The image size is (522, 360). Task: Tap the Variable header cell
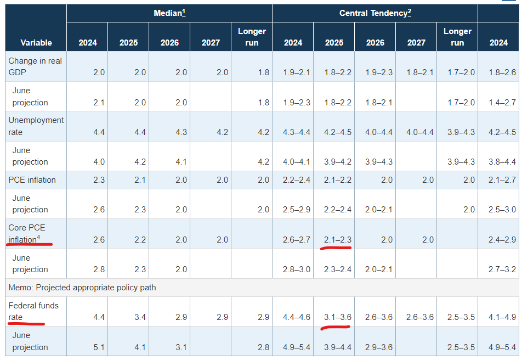pyautogui.click(x=36, y=43)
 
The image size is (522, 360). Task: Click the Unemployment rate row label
pyautogui.click(x=36, y=126)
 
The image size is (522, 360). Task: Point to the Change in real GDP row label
pyautogui.click(x=35, y=66)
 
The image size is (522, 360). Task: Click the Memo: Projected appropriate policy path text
pyautogui.click(x=82, y=288)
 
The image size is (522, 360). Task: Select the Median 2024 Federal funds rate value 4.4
pyautogui.click(x=99, y=317)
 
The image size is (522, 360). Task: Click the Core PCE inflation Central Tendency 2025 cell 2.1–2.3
pyautogui.click(x=338, y=240)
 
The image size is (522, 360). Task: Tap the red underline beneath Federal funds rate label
pyautogui.click(x=26, y=323)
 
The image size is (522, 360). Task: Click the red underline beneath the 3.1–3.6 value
pyautogui.click(x=335, y=328)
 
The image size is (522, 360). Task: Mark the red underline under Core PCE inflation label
pyautogui.click(x=29, y=244)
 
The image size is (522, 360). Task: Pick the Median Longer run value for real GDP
pyautogui.click(x=264, y=72)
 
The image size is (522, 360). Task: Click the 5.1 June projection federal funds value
pyautogui.click(x=99, y=347)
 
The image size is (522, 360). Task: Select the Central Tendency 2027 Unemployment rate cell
pyautogui.click(x=420, y=132)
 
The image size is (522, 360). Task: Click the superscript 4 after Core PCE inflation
pyautogui.click(x=38, y=237)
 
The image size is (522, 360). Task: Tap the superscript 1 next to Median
pyautogui.click(x=184, y=12)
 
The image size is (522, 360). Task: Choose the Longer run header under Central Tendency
pyautogui.click(x=457, y=37)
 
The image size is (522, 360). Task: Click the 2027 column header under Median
pyautogui.click(x=211, y=43)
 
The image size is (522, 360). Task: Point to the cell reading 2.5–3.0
pyautogui.click(x=502, y=210)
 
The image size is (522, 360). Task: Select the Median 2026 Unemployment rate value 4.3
pyautogui.click(x=181, y=132)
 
